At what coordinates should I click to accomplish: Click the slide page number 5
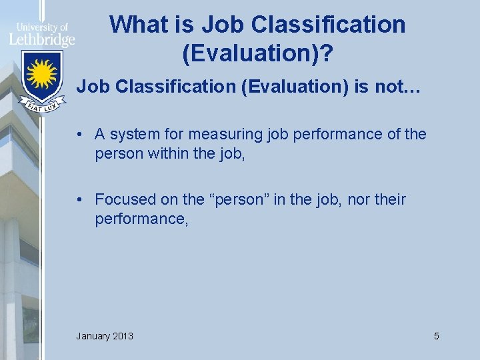coord(437,336)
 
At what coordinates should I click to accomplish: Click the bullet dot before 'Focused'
coord(79,200)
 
